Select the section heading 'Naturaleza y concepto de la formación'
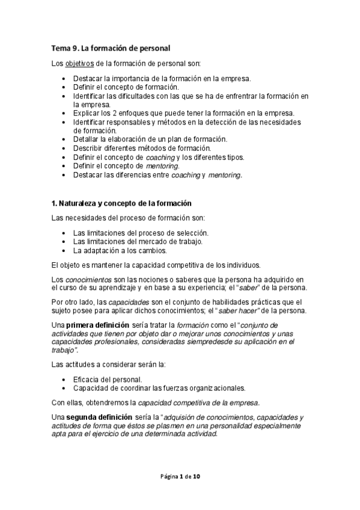coord(124,203)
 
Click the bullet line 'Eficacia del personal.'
coord(108,379)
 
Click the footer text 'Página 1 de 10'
coord(180,476)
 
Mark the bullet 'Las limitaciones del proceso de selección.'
coord(141,233)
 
